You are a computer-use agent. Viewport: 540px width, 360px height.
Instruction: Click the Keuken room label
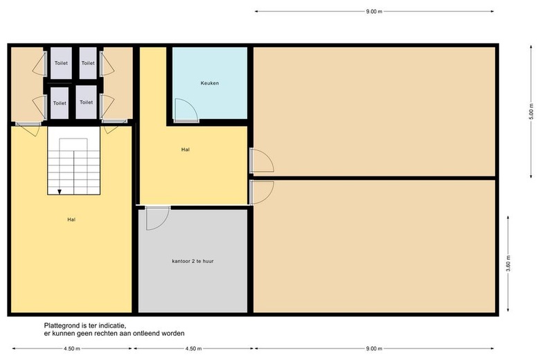coord(210,83)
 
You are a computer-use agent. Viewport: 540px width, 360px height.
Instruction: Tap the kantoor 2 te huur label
coord(192,261)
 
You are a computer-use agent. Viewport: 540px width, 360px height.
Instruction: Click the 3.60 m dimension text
coord(508,264)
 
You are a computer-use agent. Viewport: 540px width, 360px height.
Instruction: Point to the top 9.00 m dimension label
coord(374,11)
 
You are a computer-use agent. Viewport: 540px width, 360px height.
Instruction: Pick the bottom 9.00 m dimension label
coord(374,349)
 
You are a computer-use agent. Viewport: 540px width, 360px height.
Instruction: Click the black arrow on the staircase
coord(60,192)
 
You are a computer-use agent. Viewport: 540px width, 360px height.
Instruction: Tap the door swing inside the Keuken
coord(186,110)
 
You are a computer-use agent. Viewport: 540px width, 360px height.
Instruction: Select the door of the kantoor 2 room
coord(157,218)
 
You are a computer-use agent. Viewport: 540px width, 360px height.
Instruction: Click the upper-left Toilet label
coord(61,63)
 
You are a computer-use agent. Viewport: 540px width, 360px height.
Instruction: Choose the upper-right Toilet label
coord(88,63)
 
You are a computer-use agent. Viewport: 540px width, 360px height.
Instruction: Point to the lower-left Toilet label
coord(60,103)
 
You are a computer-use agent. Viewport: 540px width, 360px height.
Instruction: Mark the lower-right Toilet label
coord(86,102)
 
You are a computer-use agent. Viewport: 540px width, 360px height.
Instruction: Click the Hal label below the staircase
coord(71,219)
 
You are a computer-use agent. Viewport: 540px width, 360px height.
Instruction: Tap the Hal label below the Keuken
coord(186,150)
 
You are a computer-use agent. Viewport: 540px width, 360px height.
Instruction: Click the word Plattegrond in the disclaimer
coord(62,325)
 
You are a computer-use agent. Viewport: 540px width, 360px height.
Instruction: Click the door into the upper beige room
coord(262,160)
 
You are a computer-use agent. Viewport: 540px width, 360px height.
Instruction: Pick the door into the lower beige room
coord(262,192)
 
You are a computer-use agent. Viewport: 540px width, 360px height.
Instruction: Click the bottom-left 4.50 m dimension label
coord(71,349)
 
